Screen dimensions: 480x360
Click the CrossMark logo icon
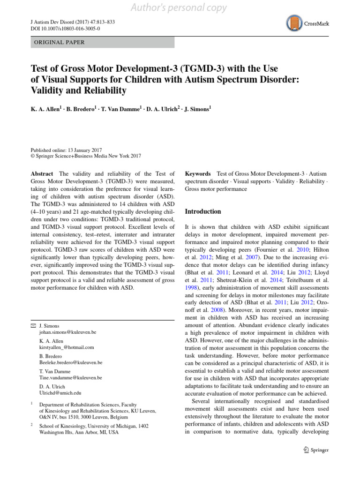(x=294, y=22)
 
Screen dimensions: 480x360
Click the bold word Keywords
(x=198, y=174)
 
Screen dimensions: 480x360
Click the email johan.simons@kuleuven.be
(x=68, y=332)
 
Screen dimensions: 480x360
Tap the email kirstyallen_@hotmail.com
(x=67, y=347)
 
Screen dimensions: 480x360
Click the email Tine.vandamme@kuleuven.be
(x=71, y=377)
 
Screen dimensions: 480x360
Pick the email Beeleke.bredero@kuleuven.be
(x=71, y=362)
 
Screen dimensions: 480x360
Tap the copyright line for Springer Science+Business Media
(x=85, y=156)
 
